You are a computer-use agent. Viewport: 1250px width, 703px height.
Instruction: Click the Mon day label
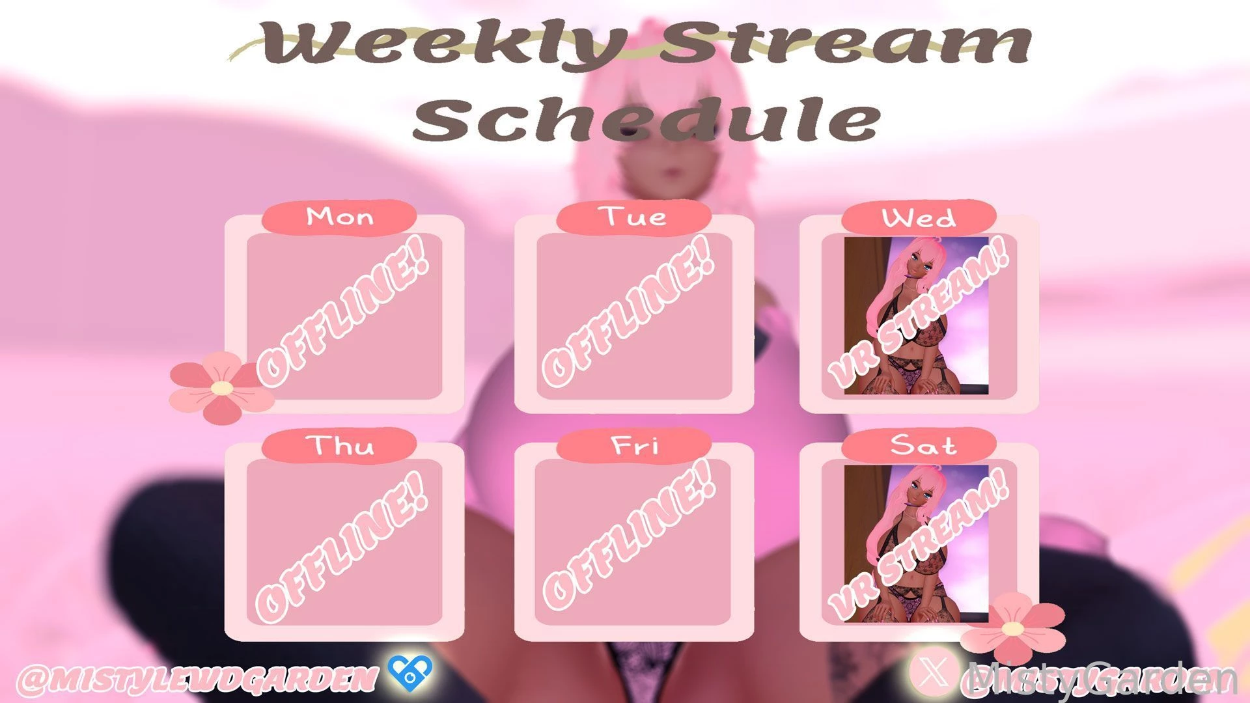click(x=339, y=217)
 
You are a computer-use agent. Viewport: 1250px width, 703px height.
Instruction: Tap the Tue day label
click(x=633, y=217)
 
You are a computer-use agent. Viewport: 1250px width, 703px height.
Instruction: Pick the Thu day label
click(x=339, y=446)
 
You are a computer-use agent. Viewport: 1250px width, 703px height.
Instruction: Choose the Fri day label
click(x=633, y=446)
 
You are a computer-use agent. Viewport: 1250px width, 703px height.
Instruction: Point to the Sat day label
click(x=919, y=446)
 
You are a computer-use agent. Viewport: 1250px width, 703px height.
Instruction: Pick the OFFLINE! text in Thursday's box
click(x=344, y=547)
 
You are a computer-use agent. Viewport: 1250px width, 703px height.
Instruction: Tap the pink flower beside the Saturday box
click(x=1012, y=627)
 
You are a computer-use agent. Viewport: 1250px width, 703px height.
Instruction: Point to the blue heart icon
click(x=410, y=673)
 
